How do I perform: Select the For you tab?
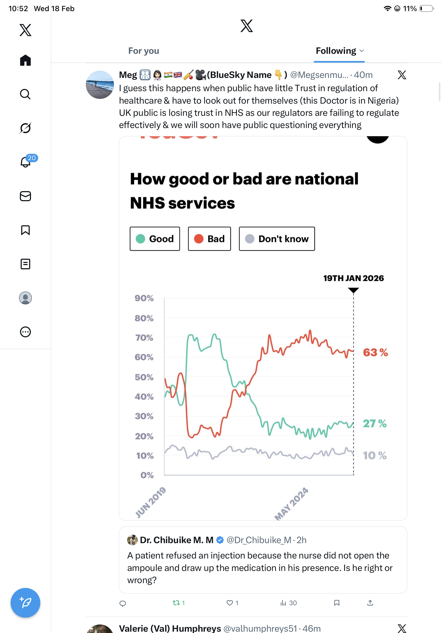[144, 51]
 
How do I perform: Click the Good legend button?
[154, 239]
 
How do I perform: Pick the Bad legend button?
[209, 239]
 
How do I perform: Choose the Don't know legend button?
[277, 239]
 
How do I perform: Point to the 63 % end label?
[375, 352]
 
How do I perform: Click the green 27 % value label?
[374, 423]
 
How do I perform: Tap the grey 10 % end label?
[374, 455]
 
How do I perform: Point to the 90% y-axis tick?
[144, 298]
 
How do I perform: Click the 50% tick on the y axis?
[144, 377]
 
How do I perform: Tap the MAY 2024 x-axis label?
[291, 503]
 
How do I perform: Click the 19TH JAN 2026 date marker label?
[353, 278]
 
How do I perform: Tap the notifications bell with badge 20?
[26, 162]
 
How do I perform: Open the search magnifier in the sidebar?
[25, 94]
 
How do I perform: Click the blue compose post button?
[25, 603]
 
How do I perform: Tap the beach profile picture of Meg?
[100, 85]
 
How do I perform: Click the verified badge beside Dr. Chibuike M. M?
[220, 540]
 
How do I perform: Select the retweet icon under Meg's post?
[176, 603]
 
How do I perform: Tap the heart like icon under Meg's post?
[229, 603]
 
